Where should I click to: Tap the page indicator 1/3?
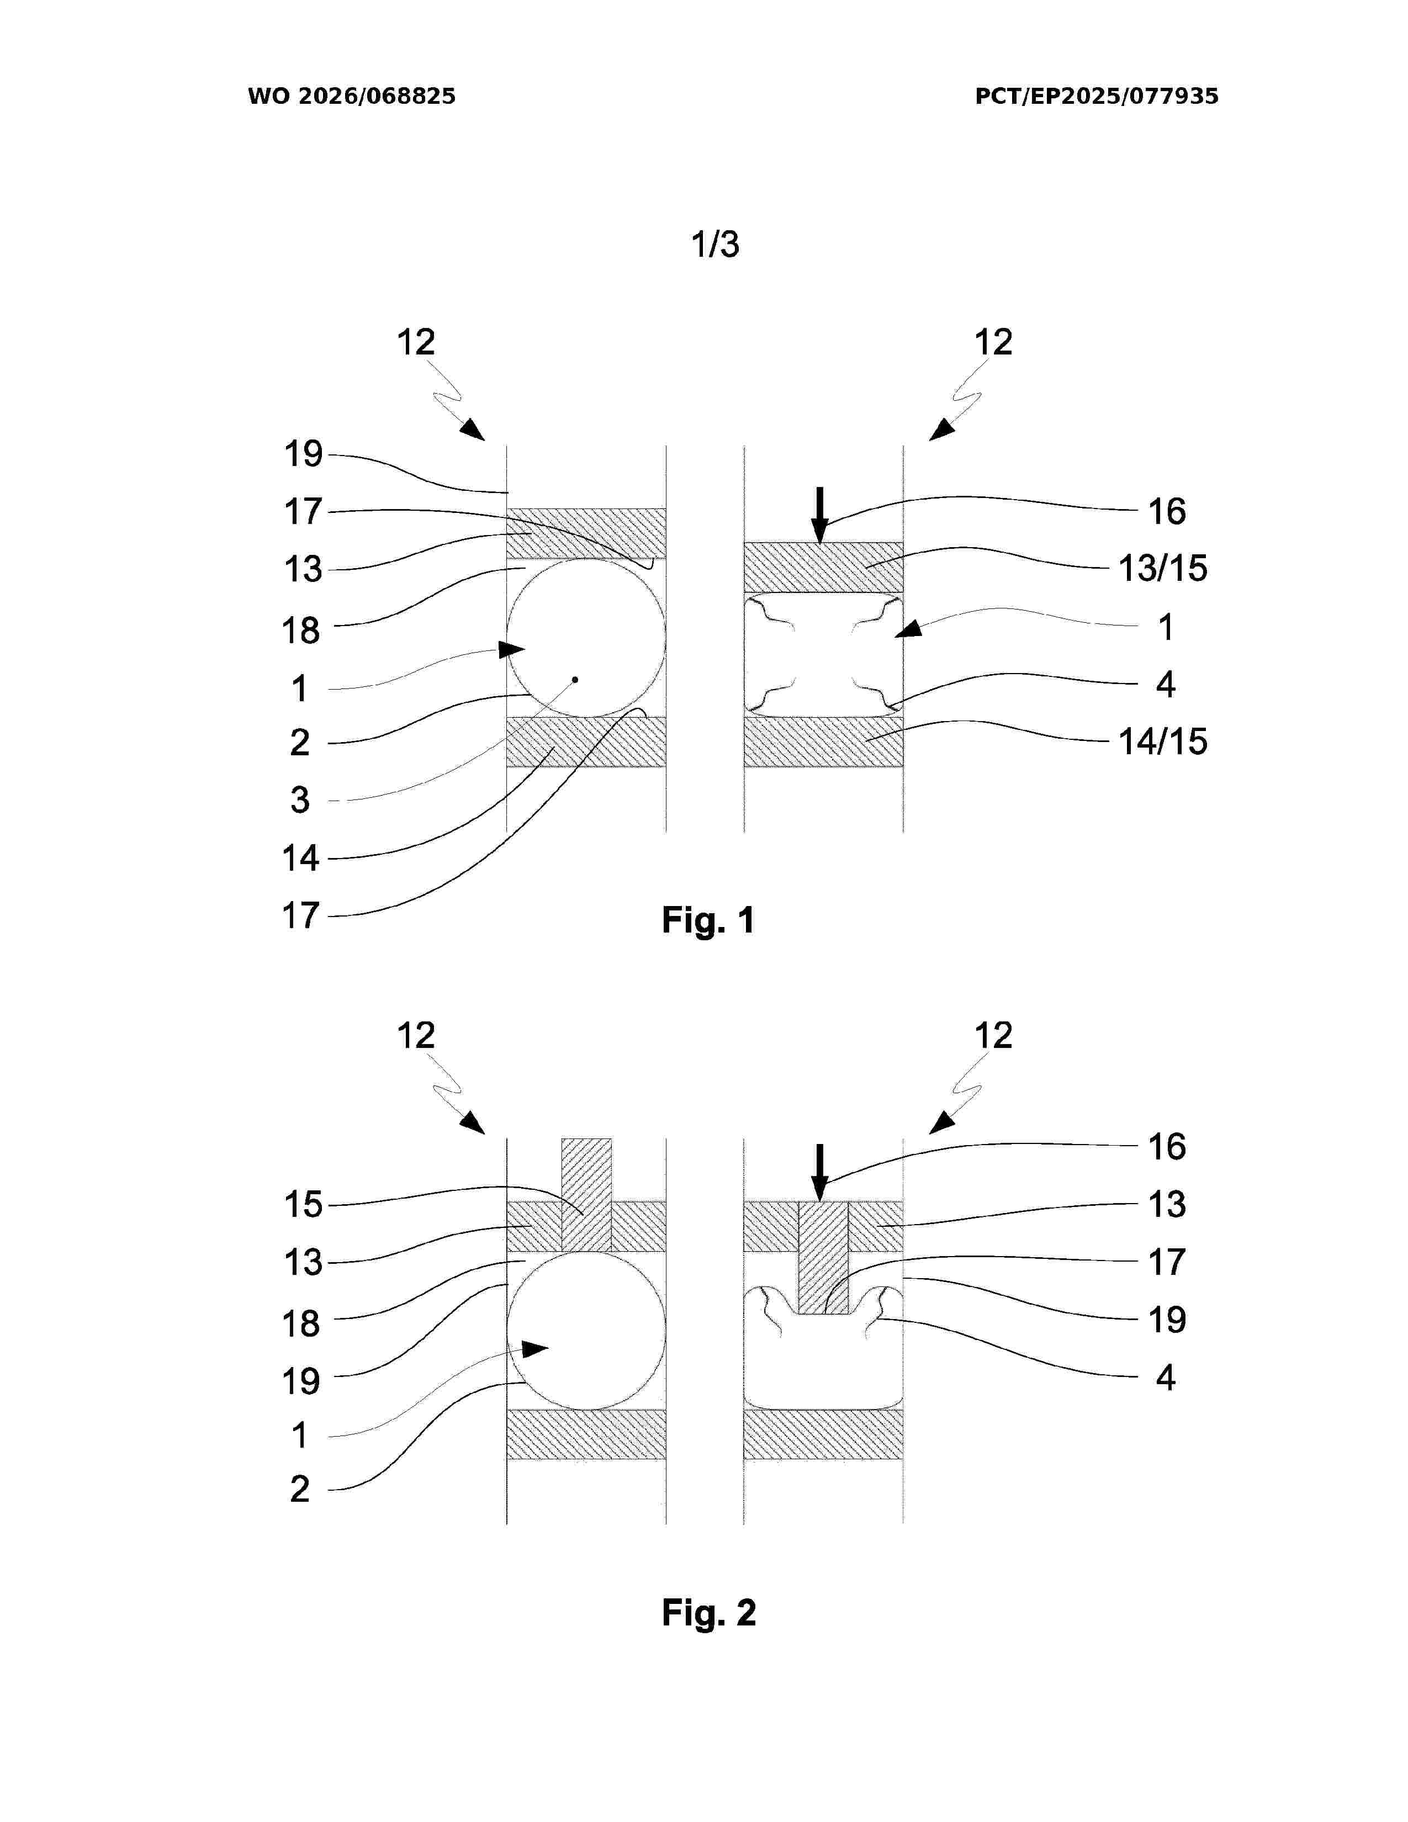pos(715,245)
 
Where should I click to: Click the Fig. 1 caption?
pos(708,920)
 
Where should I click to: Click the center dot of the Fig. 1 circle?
pos(575,679)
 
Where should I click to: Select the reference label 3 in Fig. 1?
pos(299,800)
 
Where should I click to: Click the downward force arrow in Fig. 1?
pos(820,515)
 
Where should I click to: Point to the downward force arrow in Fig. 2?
pos(820,1172)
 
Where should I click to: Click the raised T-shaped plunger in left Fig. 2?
pos(586,1195)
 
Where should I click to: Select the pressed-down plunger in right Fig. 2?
pos(823,1257)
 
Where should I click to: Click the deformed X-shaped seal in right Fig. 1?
pos(823,655)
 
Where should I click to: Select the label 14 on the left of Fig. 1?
pos(300,857)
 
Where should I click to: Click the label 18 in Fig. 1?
pos(300,631)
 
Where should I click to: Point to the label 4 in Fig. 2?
pos(1165,1378)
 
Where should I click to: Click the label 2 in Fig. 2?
pos(299,1489)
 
